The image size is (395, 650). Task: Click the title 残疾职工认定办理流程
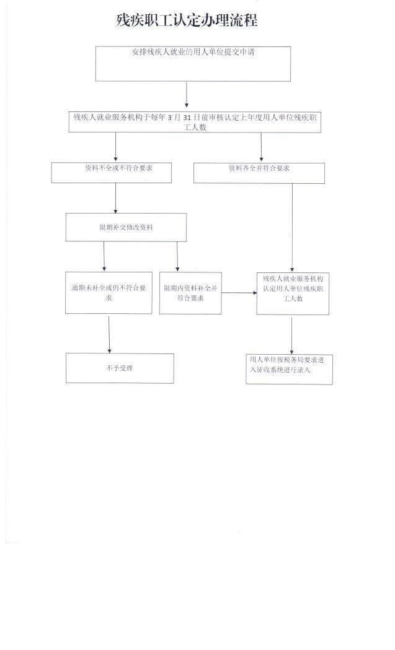[187, 20]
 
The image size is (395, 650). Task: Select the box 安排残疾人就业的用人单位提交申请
[193, 64]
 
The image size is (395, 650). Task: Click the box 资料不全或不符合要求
[112, 173]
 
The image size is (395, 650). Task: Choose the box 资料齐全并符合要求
[259, 173]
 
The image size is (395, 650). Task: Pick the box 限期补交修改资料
[126, 227]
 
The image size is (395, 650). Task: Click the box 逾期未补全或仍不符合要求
[109, 293]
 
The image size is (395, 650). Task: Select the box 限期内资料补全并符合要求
[191, 293]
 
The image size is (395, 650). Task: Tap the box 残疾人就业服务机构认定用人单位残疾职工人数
[293, 293]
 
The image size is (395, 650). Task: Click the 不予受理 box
[120, 368]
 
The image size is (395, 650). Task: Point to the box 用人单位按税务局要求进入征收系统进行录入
[289, 369]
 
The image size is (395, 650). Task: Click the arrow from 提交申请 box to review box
[187, 95]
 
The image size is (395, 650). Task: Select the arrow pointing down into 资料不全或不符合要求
[116, 147]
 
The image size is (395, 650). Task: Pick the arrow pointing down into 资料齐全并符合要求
[261, 147]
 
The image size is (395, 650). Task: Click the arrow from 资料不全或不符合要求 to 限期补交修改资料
[116, 198]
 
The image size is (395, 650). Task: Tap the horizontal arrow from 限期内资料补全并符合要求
[239, 293]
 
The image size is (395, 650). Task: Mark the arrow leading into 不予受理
[109, 334]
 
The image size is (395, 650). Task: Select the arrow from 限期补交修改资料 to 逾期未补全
[104, 256]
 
